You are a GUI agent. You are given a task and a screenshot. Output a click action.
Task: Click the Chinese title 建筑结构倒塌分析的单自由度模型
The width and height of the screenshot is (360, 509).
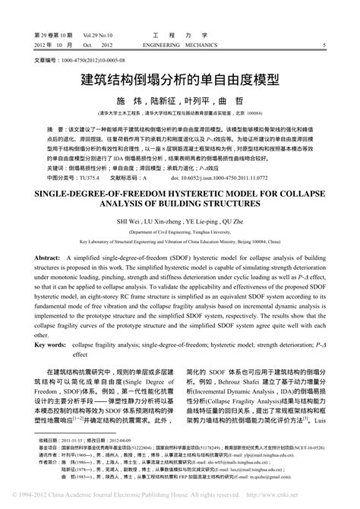180,78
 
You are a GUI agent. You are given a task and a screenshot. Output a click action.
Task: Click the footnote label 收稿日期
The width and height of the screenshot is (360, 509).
48,440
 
